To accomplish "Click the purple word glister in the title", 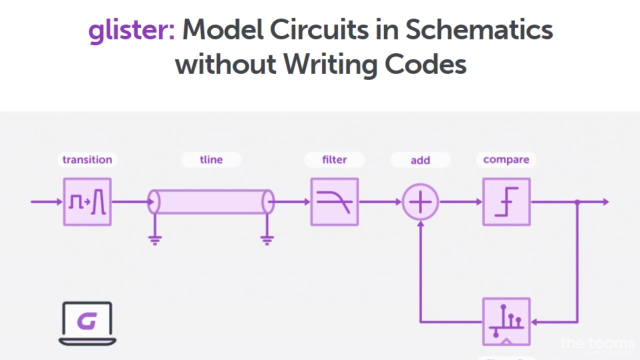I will point(131,31).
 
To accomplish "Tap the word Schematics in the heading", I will point(478,31).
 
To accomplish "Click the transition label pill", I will point(87,159).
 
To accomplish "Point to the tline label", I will point(211,159).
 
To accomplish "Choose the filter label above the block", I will point(334,159).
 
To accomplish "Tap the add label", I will point(420,160).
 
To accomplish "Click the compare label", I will point(506,159).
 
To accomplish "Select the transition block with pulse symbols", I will point(87,202).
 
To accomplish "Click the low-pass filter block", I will point(334,202).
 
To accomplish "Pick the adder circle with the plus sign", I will point(420,202).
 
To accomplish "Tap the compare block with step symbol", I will point(506,202).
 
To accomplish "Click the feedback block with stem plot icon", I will point(506,321).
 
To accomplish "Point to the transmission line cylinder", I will point(211,201).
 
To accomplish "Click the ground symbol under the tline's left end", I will point(155,240).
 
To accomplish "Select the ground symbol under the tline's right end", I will point(267,240).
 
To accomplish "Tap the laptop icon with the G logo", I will point(87,323).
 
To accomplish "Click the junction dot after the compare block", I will point(577,202).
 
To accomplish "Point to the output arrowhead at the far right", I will point(605,202).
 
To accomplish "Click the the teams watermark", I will point(597,343).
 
